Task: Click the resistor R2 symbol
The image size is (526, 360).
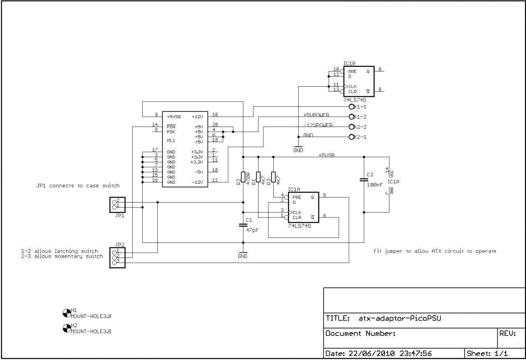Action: [243, 177]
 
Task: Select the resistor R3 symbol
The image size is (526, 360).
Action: [273, 177]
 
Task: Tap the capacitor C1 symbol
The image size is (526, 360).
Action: [243, 225]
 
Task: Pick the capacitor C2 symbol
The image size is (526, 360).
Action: [364, 180]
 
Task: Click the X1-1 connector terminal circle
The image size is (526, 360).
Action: [351, 107]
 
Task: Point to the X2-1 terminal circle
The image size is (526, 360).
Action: [351, 137]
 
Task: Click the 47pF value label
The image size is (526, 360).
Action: [252, 231]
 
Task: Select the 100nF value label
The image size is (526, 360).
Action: [374, 185]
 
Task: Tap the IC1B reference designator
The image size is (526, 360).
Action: [349, 63]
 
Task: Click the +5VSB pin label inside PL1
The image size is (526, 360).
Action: [174, 117]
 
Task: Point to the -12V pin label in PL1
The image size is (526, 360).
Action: [197, 182]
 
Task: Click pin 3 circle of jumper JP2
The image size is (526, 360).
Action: [114, 263]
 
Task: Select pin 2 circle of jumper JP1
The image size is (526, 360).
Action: [114, 202]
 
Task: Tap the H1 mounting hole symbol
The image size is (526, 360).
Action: [67, 313]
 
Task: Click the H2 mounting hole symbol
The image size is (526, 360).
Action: [67, 328]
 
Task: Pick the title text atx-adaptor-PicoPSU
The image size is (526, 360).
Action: [400, 318]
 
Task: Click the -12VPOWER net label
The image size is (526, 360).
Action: [318, 125]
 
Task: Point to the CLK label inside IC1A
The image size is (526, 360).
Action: [297, 212]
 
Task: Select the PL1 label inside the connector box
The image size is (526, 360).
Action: [171, 141]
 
